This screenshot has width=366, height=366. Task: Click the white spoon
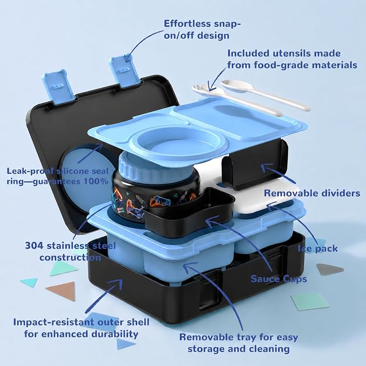click(264, 94)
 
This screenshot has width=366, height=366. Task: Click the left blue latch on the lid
click(58, 87)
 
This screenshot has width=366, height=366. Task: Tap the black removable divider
click(255, 163)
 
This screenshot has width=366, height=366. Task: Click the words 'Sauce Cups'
click(279, 279)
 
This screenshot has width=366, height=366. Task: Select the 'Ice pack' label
click(317, 248)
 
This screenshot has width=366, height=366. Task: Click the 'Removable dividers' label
click(312, 194)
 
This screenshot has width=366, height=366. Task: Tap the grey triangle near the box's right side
click(329, 270)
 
